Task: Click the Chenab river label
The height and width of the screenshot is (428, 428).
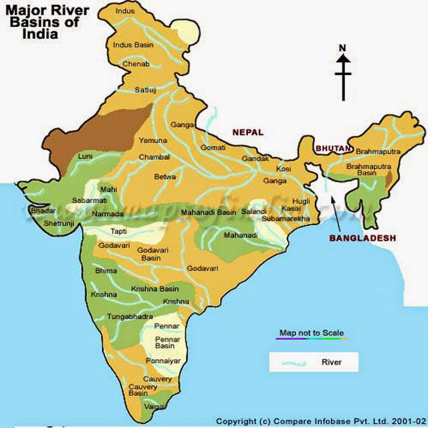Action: point(136,64)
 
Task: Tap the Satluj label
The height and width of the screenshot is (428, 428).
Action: point(145,90)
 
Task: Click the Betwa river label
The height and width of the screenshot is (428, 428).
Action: point(165,177)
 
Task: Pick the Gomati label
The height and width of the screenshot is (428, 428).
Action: point(213,146)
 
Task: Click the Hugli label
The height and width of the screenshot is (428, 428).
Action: point(301,201)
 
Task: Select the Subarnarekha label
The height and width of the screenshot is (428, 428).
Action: point(286,219)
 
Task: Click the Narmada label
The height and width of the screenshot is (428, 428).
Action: point(108,214)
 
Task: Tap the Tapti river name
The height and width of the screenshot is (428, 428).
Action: point(118,231)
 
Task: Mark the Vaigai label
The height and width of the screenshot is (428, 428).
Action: point(153,405)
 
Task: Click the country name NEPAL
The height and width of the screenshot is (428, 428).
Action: point(247,132)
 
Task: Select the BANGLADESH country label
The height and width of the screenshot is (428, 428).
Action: point(362,238)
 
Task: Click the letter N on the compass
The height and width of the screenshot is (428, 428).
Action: point(342,47)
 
